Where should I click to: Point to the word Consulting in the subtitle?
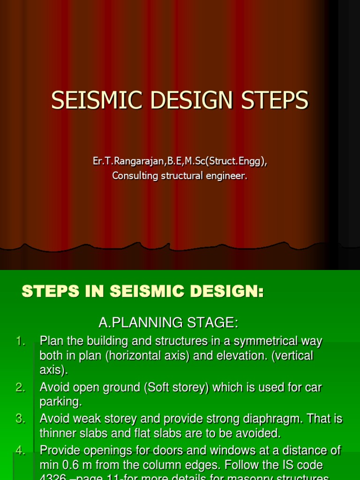(x=134, y=176)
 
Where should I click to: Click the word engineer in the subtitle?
(x=227, y=176)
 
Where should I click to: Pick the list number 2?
(x=21, y=388)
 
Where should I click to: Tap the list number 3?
(x=21, y=419)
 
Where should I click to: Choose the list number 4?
(x=21, y=450)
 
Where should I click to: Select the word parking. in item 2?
(x=61, y=402)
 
